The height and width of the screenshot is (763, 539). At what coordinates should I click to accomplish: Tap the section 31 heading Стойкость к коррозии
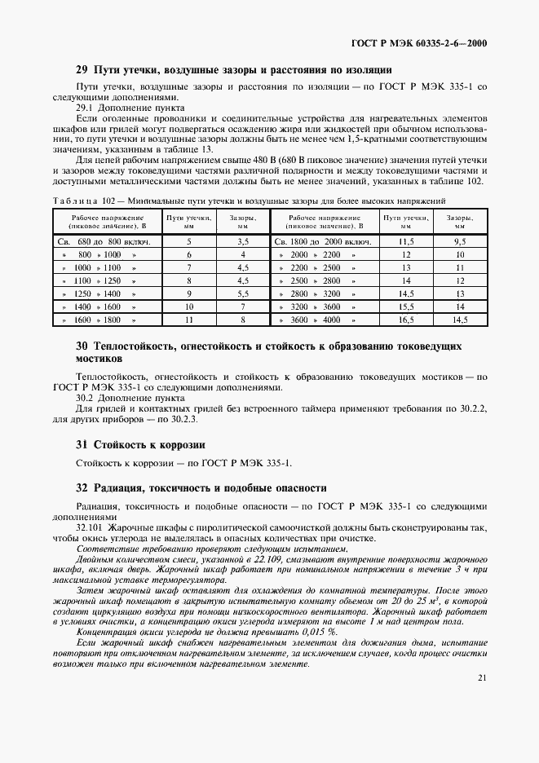(x=139, y=445)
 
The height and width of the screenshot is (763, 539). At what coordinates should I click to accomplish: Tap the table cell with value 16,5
(x=405, y=320)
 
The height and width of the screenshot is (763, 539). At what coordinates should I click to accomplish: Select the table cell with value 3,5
(x=242, y=242)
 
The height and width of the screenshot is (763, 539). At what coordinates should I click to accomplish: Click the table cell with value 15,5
(x=405, y=307)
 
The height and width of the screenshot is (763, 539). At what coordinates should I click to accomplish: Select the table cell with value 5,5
(x=242, y=294)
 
